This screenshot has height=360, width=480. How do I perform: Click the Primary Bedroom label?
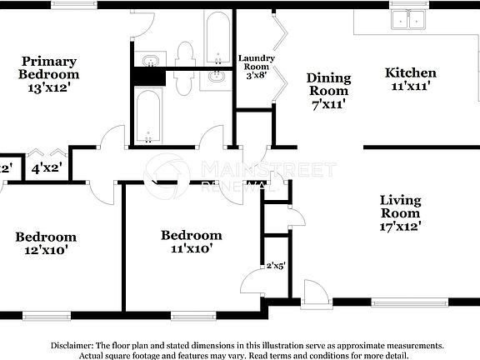49,67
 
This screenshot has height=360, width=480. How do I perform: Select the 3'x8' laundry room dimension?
256,75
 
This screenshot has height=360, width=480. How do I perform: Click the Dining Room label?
329,84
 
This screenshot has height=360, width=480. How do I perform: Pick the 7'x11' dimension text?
329,104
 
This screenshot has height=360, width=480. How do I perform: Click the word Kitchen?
410,72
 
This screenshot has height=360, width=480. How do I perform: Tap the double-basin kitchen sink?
408,19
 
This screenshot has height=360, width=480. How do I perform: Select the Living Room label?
400,207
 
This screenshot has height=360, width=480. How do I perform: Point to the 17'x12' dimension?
400,225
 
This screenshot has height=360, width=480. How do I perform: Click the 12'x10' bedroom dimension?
46,249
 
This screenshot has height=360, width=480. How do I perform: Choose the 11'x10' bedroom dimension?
191,247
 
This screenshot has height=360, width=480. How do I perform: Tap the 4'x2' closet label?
47,167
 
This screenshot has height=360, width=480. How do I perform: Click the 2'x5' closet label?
276,267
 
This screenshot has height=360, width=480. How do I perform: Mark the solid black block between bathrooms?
148,76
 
